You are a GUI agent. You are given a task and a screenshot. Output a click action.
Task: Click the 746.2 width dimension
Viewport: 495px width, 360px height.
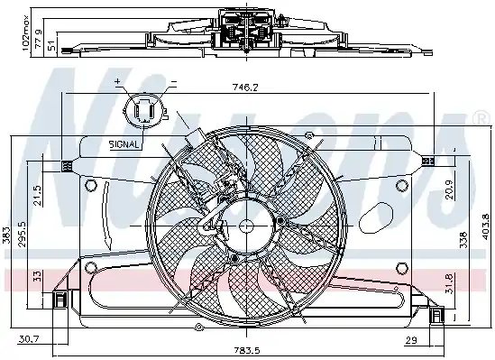[x=245, y=88]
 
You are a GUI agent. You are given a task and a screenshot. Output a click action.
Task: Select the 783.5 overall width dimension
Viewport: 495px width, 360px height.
[x=247, y=350]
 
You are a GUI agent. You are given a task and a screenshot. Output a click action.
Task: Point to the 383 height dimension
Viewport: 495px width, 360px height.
[x=7, y=235]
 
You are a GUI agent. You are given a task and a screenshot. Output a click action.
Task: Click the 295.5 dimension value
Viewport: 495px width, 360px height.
[x=23, y=234]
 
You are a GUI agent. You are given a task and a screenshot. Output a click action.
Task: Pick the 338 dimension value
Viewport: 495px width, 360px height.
[x=463, y=240]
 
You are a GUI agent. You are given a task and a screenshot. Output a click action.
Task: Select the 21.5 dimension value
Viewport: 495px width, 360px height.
[x=37, y=196]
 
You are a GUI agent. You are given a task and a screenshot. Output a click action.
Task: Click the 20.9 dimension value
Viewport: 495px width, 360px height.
[x=449, y=189]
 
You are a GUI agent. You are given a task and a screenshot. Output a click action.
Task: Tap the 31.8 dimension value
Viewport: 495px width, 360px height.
[x=449, y=283]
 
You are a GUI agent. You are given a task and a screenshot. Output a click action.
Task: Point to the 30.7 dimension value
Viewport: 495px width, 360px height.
[x=29, y=339]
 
